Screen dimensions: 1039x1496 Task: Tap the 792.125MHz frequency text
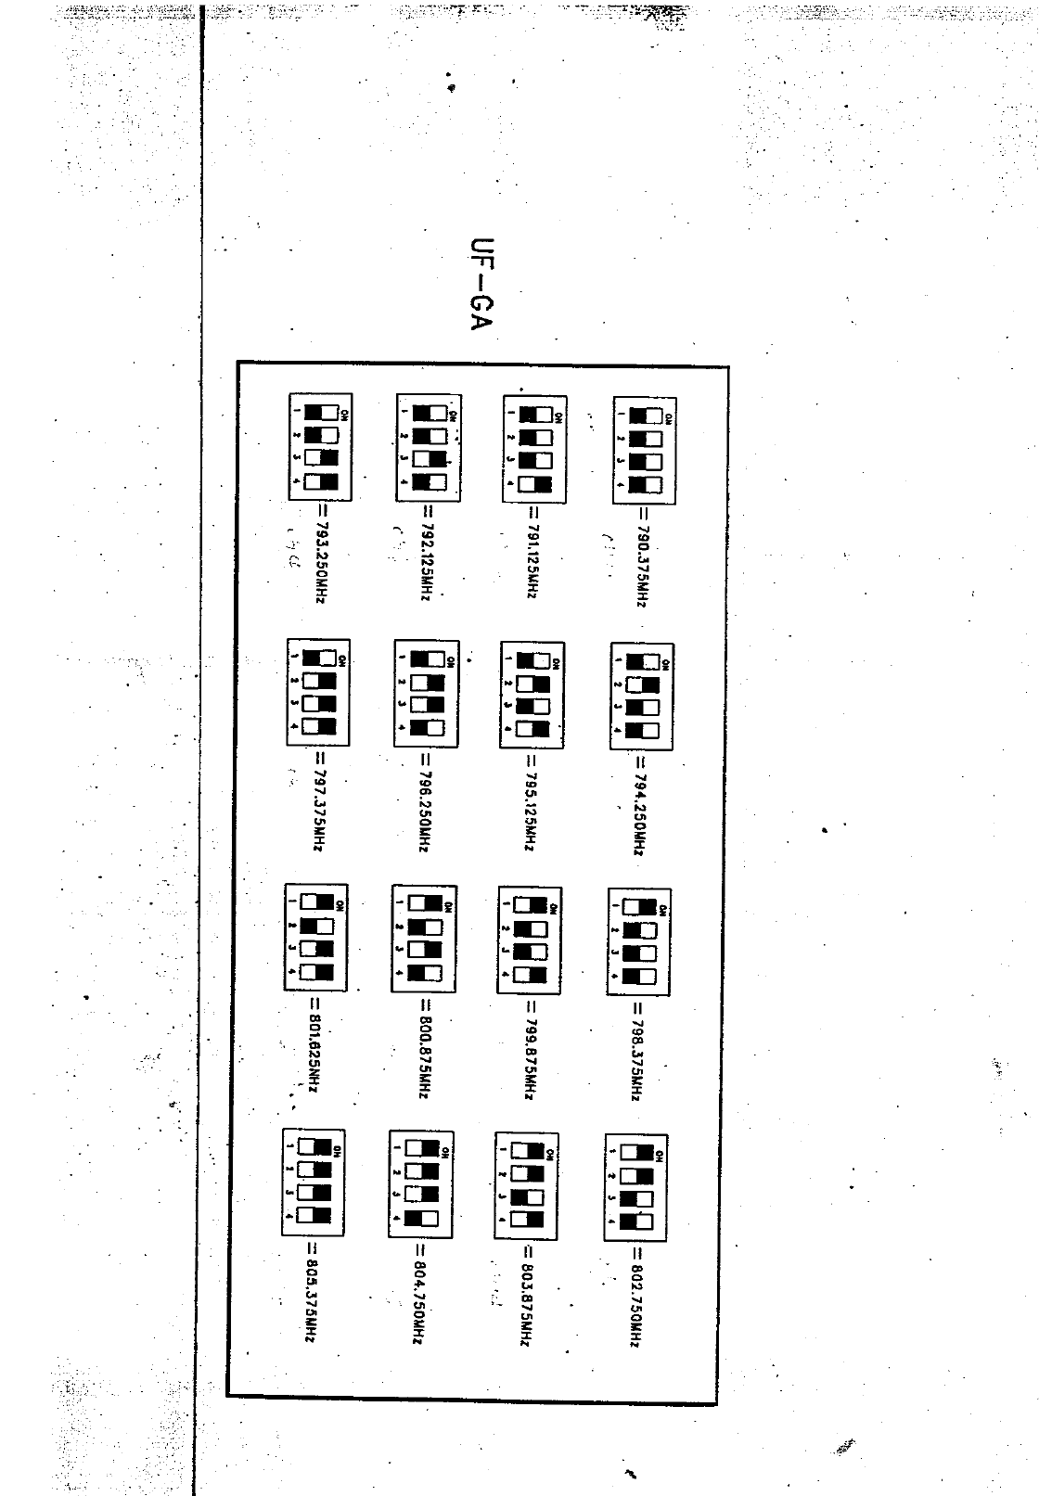point(425,555)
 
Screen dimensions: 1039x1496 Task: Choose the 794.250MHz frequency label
point(639,804)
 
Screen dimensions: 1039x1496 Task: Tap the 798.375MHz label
point(637,1050)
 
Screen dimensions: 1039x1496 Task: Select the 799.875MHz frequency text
point(529,1048)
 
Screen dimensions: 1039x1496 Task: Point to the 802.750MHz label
point(636,1296)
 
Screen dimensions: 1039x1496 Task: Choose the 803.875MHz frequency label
point(527,1295)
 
